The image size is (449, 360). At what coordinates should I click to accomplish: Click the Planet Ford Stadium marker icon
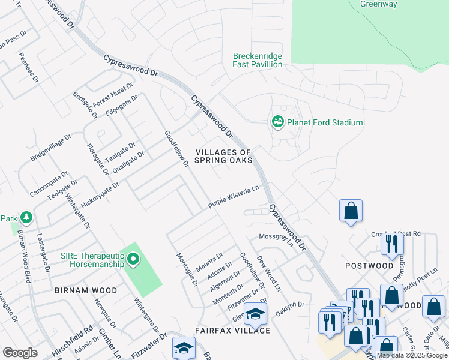(277, 122)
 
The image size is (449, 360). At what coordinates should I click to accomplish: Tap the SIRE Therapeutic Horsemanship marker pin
(133, 260)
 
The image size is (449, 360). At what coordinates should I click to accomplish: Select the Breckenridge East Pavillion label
(258, 60)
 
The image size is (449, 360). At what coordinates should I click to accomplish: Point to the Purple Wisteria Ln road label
(234, 197)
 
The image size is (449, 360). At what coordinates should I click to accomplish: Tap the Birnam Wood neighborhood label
(86, 290)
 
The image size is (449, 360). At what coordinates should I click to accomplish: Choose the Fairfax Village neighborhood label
(232, 331)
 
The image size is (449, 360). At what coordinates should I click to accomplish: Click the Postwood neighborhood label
(369, 265)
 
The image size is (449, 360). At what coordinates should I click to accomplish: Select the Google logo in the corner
(20, 353)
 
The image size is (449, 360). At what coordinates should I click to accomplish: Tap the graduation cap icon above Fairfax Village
(256, 314)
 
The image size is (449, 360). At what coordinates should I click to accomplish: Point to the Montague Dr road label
(187, 269)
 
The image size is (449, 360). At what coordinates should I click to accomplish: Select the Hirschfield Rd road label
(79, 330)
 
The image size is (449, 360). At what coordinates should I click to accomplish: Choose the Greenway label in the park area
(378, 4)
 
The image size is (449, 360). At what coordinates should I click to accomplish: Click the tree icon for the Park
(26, 216)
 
